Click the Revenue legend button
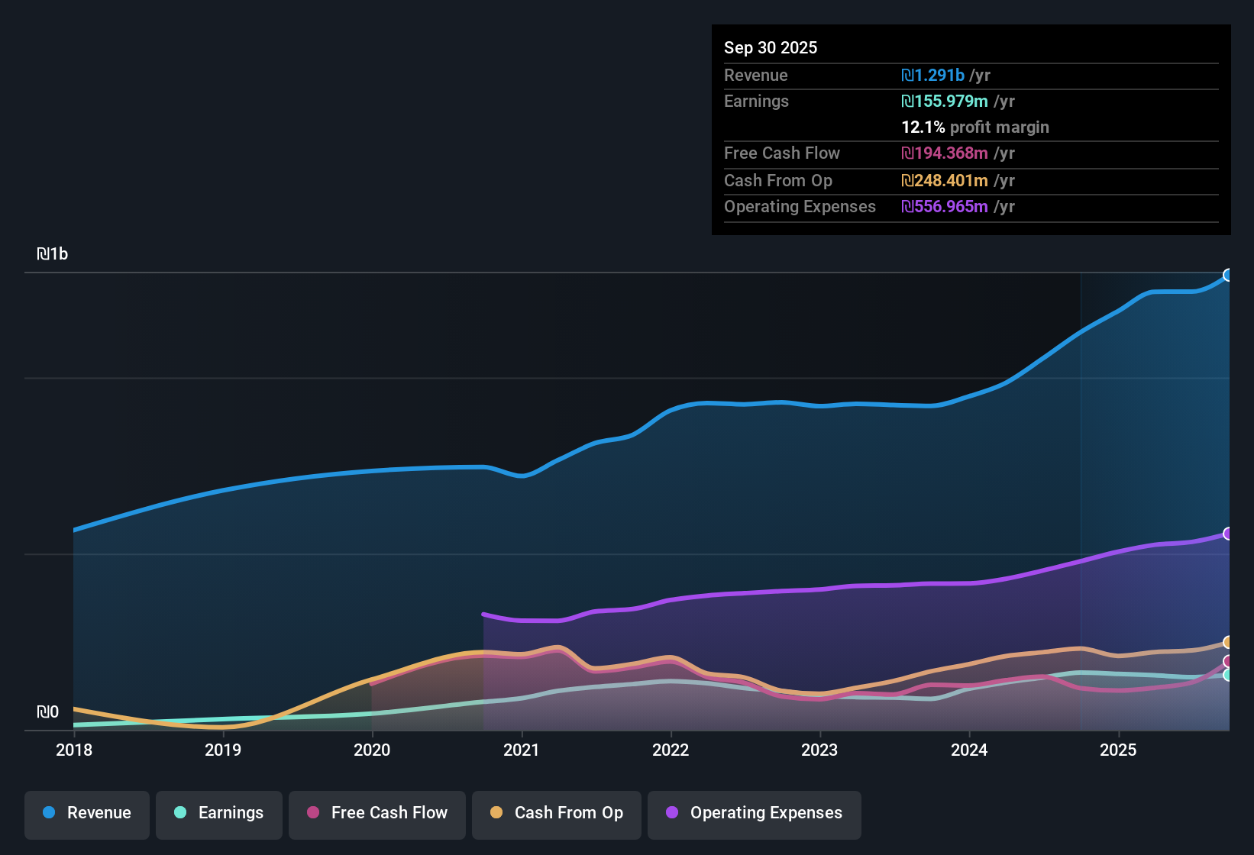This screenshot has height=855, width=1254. [87, 813]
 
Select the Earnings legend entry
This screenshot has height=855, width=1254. [219, 813]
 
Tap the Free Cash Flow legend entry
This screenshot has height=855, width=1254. [377, 813]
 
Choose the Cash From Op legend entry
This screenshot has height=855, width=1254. [557, 813]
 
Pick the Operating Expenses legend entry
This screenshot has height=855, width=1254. [755, 813]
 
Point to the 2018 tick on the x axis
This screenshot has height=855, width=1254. [74, 750]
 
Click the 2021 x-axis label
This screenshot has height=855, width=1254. [522, 750]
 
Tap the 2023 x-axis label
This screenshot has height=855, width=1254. [819, 750]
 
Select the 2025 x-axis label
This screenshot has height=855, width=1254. [1118, 750]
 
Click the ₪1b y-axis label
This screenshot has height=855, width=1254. [53, 254]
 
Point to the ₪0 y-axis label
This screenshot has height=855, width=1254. [48, 712]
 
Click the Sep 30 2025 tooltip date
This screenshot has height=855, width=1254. [771, 47]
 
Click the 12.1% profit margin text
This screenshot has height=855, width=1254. [974, 127]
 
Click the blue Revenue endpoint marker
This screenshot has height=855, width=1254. [1228, 275]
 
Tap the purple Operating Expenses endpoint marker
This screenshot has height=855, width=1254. [1228, 534]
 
